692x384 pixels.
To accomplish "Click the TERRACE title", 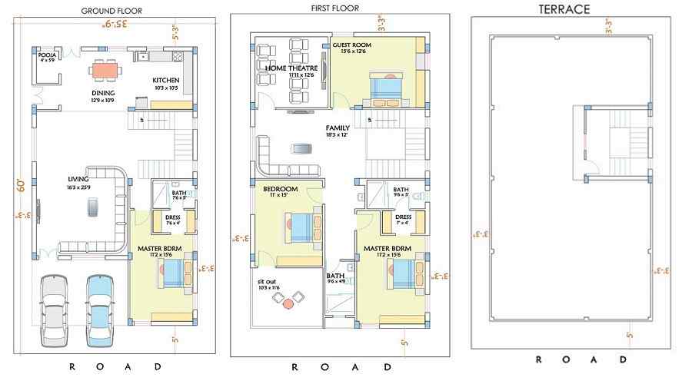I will point(564,10).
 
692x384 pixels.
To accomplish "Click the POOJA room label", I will point(47,56).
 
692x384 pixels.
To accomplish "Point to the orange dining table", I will point(105,71).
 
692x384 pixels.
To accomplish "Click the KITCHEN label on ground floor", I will point(165,81).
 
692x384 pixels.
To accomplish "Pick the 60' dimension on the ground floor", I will point(22,184).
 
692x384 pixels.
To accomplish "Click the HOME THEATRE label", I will point(291,68).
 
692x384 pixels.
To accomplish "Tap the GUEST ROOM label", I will point(351,45).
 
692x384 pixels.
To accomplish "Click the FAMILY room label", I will point(337,128).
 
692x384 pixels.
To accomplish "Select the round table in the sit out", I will point(288,303).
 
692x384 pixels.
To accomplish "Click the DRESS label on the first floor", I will point(403,217).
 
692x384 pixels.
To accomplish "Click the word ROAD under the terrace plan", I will point(581,359).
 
